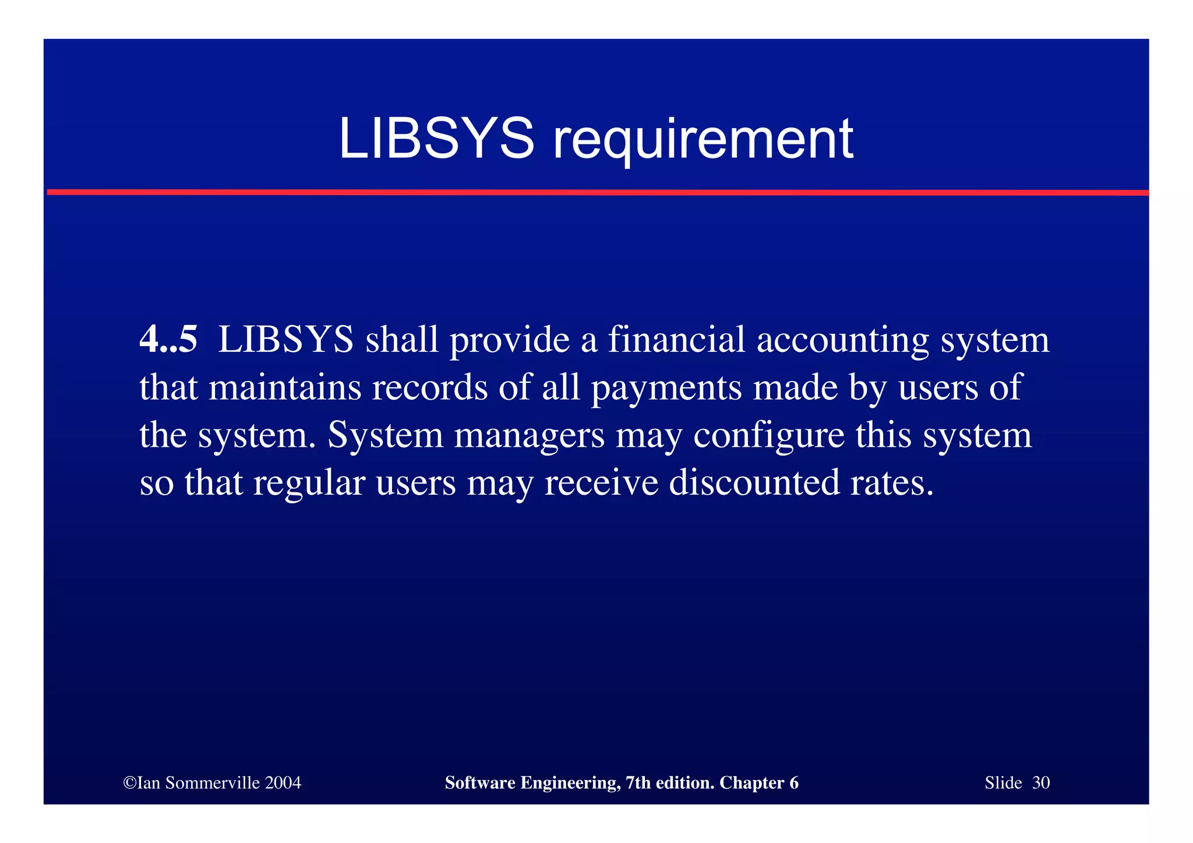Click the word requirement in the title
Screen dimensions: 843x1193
[703, 140]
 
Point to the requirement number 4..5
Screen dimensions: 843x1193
[168, 340]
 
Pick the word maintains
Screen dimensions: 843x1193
[285, 388]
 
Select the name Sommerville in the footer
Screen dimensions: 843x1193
[213, 783]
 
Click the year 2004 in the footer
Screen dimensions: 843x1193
[283, 783]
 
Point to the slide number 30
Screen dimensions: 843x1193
[1041, 783]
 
